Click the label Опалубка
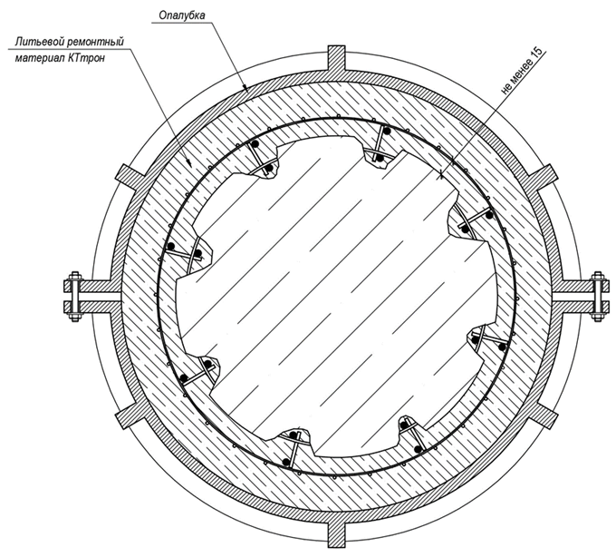coord(182,15)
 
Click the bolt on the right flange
coord(598,297)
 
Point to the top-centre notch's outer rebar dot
coord(387,132)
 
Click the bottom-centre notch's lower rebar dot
coord(287,461)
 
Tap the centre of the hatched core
coord(336,297)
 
